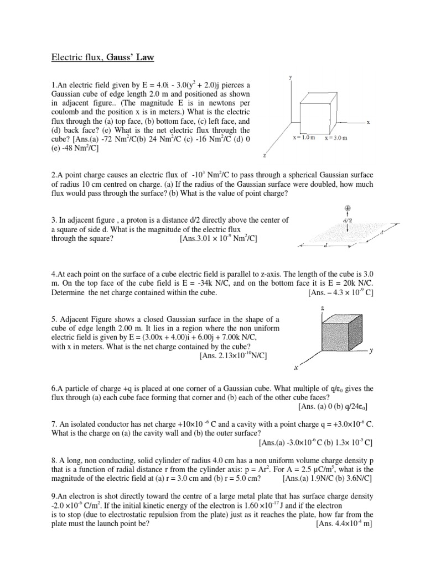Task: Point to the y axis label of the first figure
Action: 291,78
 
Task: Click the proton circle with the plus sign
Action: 348,209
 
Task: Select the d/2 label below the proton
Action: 348,221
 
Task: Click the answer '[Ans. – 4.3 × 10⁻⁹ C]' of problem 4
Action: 341,293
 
